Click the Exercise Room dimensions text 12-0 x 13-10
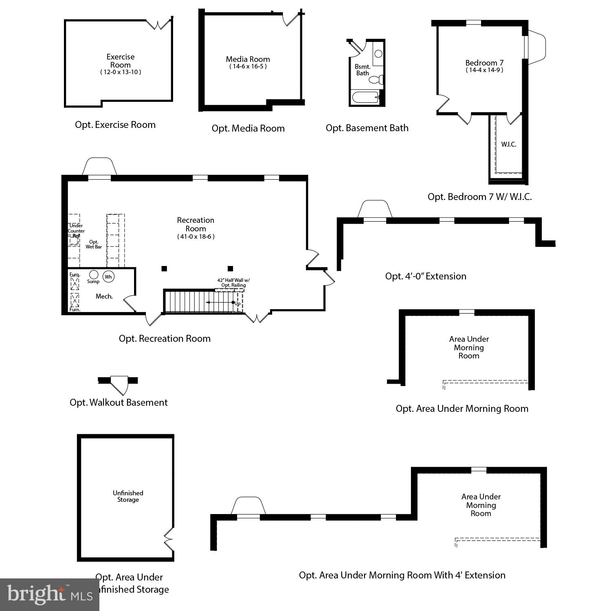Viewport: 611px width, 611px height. tap(121, 72)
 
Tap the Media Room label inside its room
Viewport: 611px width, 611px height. tap(248, 59)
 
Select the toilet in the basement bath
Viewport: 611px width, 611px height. tap(377, 79)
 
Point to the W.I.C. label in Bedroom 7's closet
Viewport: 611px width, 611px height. tap(509, 144)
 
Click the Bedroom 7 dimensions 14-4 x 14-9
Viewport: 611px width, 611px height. tap(484, 70)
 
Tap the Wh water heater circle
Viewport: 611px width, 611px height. tap(108, 277)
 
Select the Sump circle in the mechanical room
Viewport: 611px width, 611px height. tap(94, 274)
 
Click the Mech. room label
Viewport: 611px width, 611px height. tap(104, 297)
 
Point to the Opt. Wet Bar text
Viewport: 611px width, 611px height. tap(94, 244)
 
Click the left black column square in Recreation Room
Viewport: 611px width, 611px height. tap(164, 268)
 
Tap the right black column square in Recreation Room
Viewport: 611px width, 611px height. tap(230, 268)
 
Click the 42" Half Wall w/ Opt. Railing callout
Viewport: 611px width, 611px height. tap(233, 283)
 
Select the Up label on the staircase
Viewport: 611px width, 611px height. tap(237, 303)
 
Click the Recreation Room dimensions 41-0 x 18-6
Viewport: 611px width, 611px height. tap(196, 237)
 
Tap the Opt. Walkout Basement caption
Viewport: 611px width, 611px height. tap(119, 402)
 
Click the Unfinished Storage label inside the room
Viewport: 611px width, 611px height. tap(128, 496)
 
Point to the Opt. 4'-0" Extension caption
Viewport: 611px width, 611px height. tap(426, 276)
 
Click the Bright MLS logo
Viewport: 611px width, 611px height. tap(49, 595)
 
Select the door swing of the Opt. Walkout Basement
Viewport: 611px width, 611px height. tap(119, 385)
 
